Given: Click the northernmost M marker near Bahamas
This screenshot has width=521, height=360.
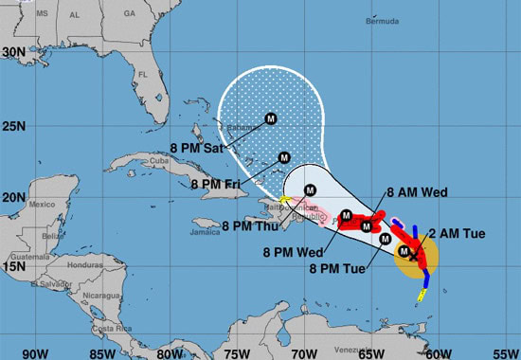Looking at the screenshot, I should [270, 118].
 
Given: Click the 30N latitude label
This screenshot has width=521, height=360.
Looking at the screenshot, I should [13, 53].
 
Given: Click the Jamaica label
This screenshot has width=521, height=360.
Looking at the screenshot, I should [204, 231].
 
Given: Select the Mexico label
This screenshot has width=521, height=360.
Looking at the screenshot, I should [42, 204].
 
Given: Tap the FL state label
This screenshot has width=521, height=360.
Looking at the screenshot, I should [145, 74].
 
